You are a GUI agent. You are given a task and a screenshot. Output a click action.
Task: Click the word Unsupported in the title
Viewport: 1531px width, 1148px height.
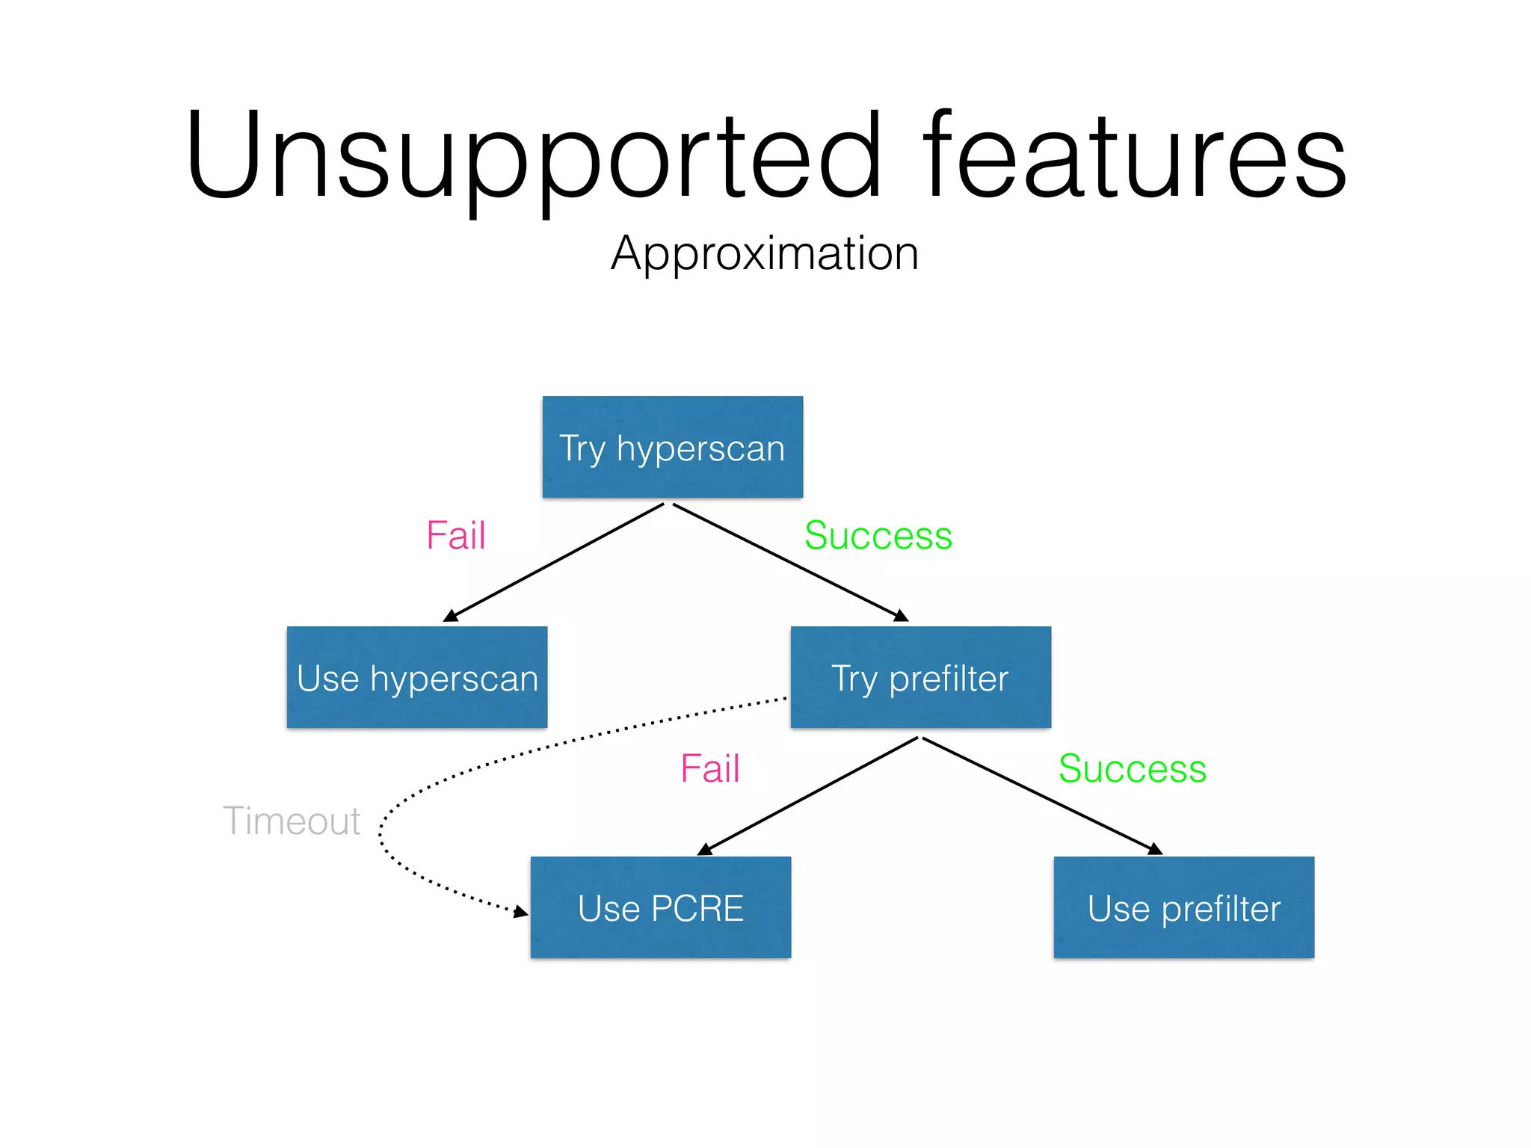coord(534,157)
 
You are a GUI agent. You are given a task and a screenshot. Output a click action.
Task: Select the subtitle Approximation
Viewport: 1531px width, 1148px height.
coord(765,254)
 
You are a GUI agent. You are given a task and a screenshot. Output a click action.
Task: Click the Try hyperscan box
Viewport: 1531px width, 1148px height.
coord(673,447)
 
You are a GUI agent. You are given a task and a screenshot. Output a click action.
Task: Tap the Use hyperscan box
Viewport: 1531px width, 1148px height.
coord(417,677)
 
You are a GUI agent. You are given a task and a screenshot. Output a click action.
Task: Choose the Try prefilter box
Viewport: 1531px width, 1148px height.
coord(920,677)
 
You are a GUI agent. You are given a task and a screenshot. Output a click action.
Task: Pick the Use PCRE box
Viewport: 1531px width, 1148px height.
coord(661,907)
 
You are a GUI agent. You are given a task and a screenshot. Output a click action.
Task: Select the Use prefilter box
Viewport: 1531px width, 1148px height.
coord(1183,907)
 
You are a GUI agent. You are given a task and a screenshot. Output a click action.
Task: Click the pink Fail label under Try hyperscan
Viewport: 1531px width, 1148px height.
coord(456,536)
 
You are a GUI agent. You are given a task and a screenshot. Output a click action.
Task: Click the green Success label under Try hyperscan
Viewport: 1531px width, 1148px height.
coord(878,536)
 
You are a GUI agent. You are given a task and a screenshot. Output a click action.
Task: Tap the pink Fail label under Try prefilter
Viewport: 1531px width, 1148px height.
coord(710,769)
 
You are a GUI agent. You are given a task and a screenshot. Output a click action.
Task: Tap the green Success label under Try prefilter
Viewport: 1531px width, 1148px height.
coord(1133,769)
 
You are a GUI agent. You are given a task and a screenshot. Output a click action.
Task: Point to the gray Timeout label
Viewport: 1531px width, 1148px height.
coord(292,821)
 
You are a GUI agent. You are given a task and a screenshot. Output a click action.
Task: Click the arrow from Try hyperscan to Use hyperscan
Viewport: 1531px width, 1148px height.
coord(554,563)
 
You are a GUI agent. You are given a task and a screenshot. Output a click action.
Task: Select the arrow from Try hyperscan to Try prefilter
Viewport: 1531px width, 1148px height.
coord(790,562)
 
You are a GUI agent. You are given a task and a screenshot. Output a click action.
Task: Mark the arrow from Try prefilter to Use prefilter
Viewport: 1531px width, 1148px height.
coord(1042,796)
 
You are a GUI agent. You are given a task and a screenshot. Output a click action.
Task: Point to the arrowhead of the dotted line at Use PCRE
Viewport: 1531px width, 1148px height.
coord(521,912)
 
